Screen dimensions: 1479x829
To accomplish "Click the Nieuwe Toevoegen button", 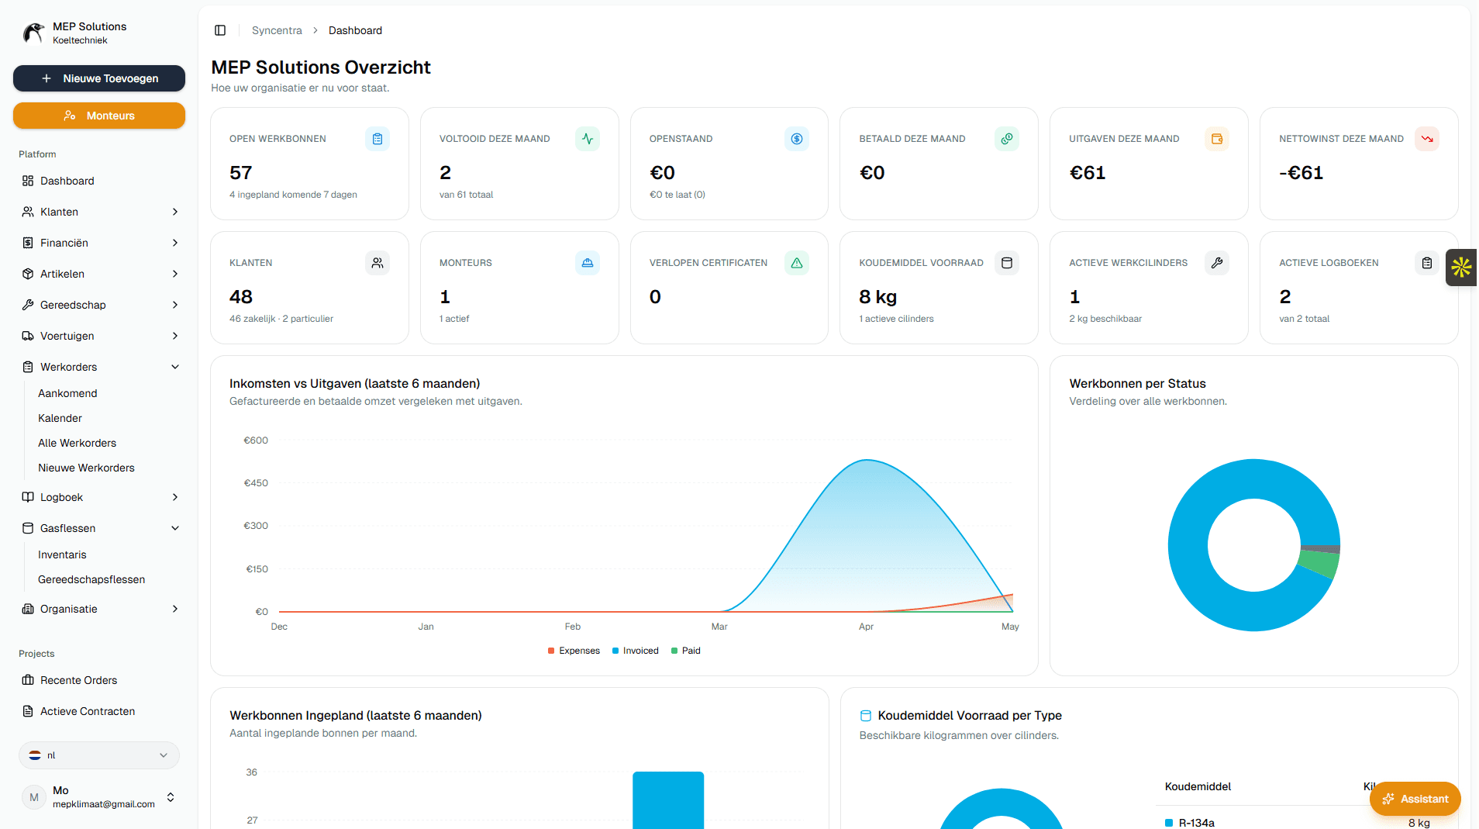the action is (99, 78).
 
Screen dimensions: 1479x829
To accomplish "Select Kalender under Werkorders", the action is (60, 418).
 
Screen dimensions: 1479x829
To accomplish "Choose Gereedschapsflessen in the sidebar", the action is (91, 579).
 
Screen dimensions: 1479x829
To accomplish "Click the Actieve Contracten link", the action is (88, 711).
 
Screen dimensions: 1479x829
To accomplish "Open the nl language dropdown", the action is (99, 755).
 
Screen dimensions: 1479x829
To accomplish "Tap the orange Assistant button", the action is (1415, 799).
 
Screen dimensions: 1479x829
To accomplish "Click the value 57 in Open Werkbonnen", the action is (240, 173).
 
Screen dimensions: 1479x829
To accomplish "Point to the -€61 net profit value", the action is (1301, 173).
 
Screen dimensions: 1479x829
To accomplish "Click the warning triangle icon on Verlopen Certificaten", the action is (797, 263).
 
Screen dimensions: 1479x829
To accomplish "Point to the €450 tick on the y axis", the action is (256, 483).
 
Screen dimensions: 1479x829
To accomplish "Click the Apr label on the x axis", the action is (866, 627).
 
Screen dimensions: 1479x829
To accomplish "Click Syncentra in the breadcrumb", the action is (277, 30).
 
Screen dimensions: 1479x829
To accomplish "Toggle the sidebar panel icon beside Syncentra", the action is (220, 30).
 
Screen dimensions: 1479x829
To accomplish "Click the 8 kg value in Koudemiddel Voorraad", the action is (877, 297).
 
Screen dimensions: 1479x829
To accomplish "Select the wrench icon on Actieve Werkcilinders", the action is (1217, 263).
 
